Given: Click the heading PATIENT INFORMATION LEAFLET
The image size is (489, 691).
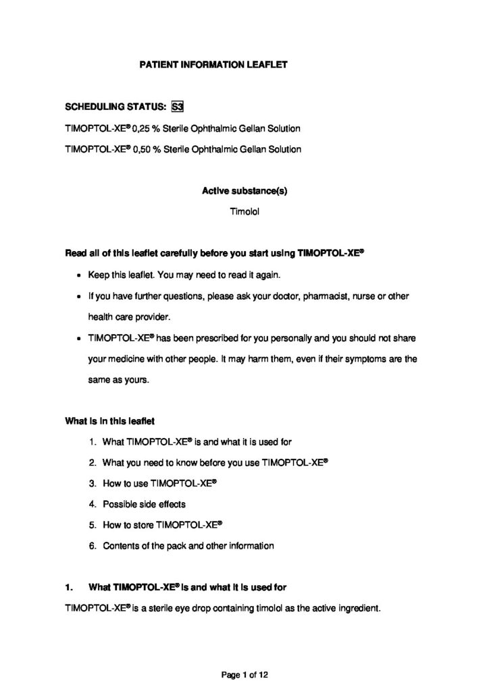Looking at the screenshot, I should (x=213, y=65).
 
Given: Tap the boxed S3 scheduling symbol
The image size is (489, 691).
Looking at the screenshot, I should (x=178, y=106).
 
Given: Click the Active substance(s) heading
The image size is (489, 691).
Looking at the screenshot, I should (x=244, y=191).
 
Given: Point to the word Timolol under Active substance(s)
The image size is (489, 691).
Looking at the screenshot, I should (x=244, y=212).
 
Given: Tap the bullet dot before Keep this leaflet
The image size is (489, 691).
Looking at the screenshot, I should (x=80, y=275).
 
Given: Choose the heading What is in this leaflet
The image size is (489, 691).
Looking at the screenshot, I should (x=109, y=422).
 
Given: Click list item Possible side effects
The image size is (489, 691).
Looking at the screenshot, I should (x=144, y=504).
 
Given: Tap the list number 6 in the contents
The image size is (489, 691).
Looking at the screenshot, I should (x=92, y=546).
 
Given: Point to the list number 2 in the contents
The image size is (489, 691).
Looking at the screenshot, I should (x=92, y=463).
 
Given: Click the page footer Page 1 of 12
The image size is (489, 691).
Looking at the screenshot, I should (x=244, y=673).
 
